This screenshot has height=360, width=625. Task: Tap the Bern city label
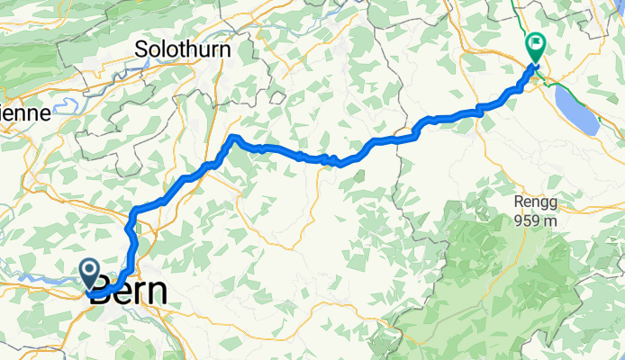point(131,293)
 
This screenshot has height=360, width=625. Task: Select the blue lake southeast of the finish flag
point(576,110)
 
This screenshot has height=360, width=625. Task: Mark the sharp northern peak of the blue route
point(232,137)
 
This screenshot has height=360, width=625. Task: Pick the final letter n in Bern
point(159,293)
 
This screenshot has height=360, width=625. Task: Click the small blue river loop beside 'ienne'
point(65,107)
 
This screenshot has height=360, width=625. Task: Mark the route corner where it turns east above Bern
point(134,211)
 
